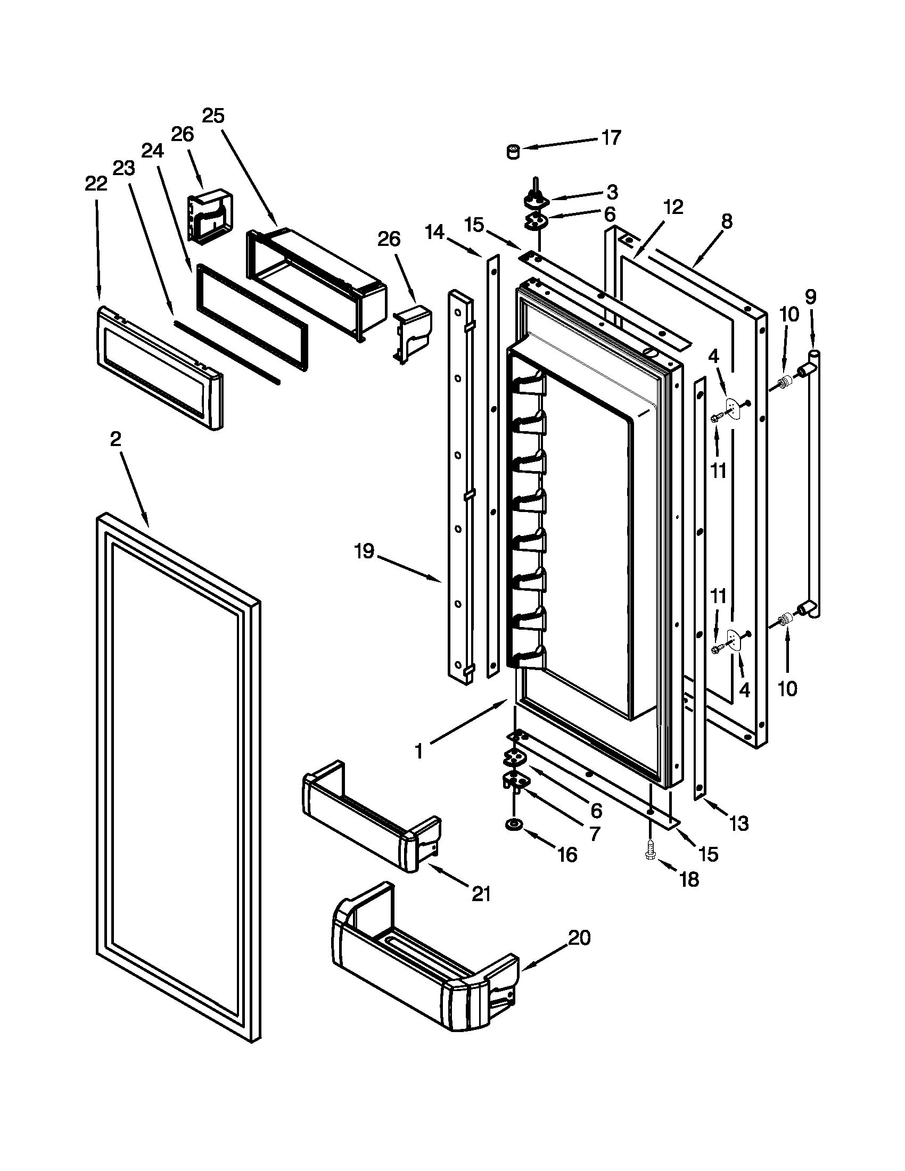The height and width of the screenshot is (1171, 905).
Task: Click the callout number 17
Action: point(611,138)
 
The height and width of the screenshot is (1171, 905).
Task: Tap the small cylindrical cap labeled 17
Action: point(514,152)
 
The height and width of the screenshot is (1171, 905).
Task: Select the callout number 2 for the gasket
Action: point(116,440)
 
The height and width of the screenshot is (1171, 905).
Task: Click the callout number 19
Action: point(365,551)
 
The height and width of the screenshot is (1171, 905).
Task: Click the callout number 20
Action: point(579,937)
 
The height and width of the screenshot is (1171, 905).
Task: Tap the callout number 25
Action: point(213,116)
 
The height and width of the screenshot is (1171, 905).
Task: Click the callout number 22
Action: point(96,184)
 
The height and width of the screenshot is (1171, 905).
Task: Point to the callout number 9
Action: point(810,296)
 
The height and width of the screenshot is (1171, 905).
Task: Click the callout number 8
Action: point(726,221)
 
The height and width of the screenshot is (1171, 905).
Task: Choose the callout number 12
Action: point(673,207)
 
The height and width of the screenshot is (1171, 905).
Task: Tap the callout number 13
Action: point(739,823)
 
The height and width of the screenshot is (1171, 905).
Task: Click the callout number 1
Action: point(419,752)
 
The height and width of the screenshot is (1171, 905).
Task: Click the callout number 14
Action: point(435,232)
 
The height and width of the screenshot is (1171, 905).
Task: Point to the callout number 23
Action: point(124,168)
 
